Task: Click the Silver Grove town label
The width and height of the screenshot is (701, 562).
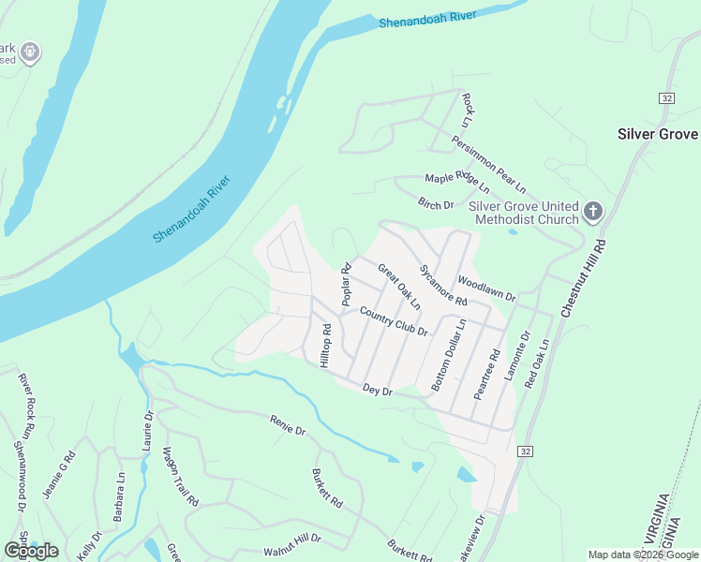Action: click(657, 134)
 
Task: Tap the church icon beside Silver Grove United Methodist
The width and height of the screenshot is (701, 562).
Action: click(592, 213)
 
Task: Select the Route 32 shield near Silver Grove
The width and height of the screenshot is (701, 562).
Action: click(665, 98)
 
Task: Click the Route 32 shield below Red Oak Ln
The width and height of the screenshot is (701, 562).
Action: click(526, 451)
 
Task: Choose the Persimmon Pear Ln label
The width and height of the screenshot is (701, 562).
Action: click(488, 161)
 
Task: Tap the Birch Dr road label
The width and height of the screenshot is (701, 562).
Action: click(436, 203)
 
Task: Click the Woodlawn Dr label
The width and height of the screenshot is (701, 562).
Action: click(486, 288)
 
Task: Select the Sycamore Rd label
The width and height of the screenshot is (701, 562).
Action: click(443, 284)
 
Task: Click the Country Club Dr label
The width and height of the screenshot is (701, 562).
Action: click(393, 324)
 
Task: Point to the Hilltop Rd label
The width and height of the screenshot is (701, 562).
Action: click(327, 346)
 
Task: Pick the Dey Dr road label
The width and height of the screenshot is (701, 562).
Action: click(376, 390)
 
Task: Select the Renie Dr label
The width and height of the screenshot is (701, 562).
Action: click(288, 425)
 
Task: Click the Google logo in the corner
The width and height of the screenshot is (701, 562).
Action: click(31, 550)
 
